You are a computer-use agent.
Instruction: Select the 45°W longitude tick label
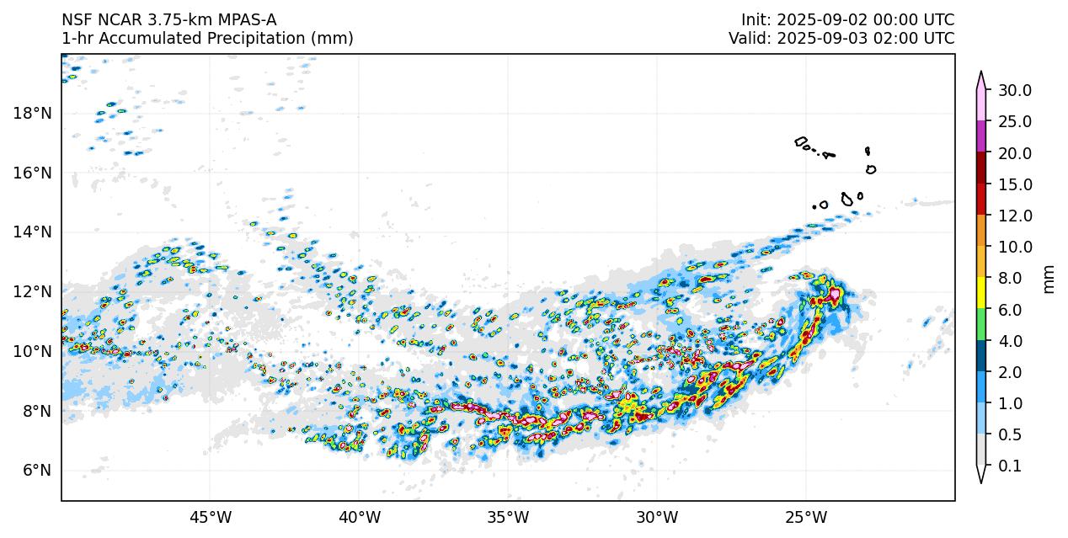pos(210,515)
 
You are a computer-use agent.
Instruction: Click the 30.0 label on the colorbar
pos(1015,90)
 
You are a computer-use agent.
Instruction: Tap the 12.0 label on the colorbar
pos(1015,216)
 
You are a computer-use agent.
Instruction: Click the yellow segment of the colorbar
pos(981,294)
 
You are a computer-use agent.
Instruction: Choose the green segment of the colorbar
pos(981,325)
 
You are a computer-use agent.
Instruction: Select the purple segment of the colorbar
pos(981,136)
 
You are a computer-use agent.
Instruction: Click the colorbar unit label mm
pos(1049,278)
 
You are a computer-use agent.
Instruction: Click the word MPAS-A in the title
pos(245,19)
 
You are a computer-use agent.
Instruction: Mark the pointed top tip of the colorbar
pos(981,72)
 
